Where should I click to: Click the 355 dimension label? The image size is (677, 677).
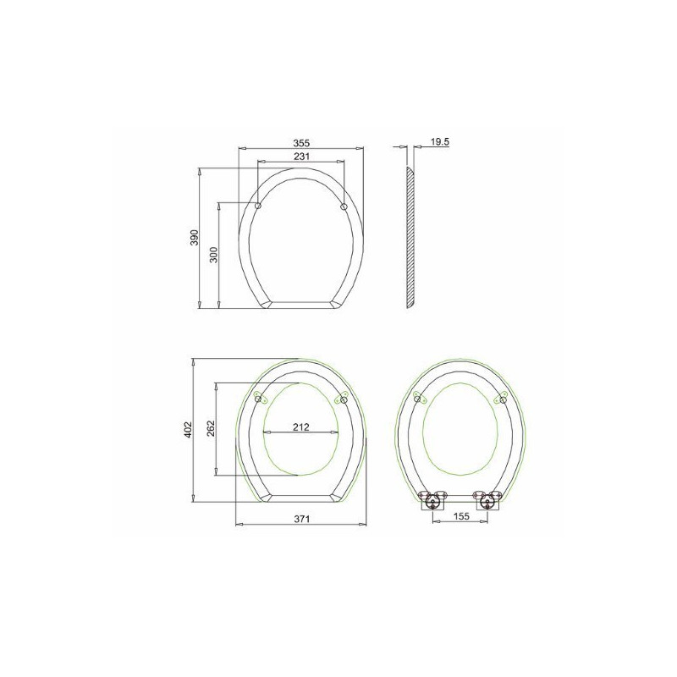(302, 143)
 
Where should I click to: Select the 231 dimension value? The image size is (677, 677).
(301, 157)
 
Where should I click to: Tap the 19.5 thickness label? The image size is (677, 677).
(440, 141)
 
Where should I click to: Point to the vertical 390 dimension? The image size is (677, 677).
(195, 238)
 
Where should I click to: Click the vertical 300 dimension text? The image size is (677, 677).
(214, 255)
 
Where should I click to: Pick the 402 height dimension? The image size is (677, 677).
(188, 430)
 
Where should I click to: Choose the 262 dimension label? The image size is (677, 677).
(211, 428)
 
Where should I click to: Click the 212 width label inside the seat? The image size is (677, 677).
(301, 427)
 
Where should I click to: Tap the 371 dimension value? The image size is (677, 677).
(302, 519)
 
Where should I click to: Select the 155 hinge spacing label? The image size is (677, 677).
(461, 516)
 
